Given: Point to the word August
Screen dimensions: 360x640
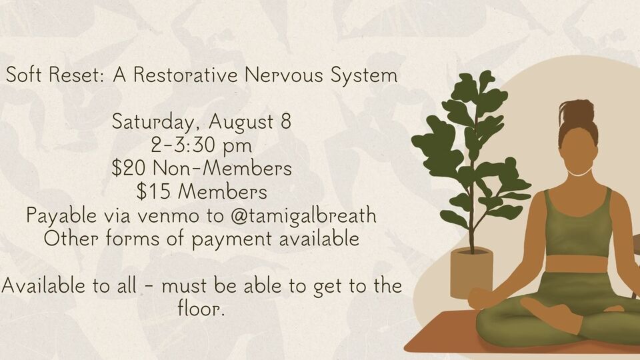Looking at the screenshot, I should (x=241, y=123).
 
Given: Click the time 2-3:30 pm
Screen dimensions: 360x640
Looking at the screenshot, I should (x=201, y=146).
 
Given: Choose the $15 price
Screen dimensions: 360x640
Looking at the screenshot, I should (x=150, y=192).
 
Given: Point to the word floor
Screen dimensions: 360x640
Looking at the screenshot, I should (x=201, y=310).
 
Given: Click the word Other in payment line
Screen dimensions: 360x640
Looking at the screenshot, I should (x=69, y=239).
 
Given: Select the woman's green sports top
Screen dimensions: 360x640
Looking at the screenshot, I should (x=577, y=223).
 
